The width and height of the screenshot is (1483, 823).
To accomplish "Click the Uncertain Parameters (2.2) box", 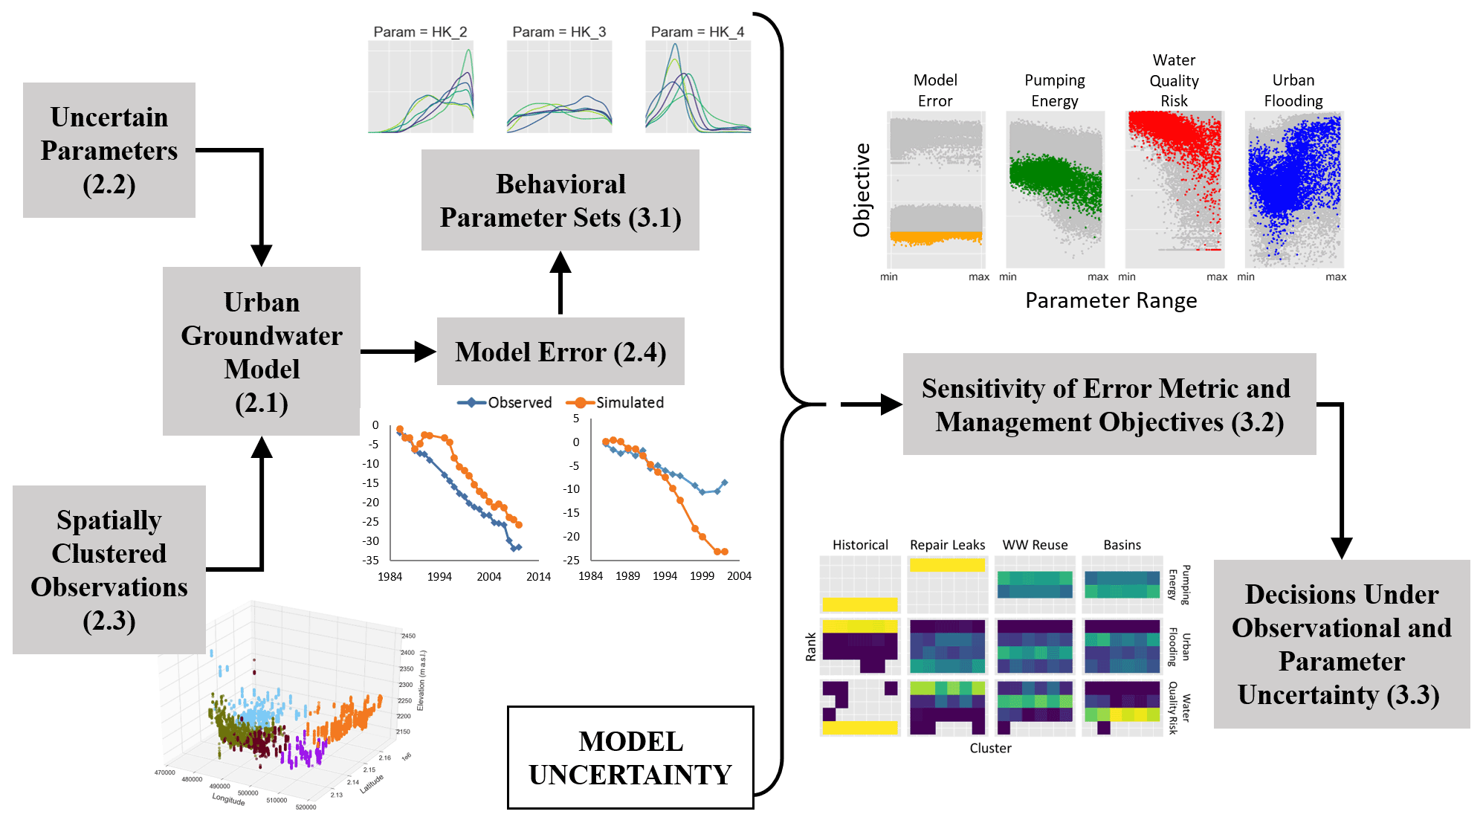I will coord(109,150).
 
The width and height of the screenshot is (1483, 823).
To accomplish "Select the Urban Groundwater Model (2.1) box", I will coord(262,352).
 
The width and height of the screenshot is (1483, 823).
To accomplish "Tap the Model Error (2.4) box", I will coord(560,352).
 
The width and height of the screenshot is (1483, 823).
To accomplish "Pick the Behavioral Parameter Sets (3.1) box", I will coord(560,200).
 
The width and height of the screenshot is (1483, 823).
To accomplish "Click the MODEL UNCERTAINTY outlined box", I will coord(630,758).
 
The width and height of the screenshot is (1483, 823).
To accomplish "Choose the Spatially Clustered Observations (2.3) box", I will coord(109,570).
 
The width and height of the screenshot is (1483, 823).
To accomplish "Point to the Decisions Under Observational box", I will coord(1342,644).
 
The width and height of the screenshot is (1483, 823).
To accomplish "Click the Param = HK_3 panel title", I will coord(559,32).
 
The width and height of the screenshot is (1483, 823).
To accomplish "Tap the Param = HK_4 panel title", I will coord(697,32).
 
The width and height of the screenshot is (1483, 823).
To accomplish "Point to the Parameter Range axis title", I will coord(1111,300).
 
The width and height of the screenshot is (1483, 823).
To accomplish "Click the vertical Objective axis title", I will coord(862,190).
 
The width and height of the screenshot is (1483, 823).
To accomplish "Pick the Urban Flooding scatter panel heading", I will coord(1293,90).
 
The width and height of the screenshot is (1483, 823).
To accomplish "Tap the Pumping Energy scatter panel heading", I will coord(1054,90).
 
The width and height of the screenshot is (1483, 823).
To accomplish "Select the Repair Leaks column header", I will coord(947,545).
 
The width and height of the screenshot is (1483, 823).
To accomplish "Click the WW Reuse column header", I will coord(1035,545).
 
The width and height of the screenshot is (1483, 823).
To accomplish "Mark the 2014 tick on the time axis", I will coord(538,576).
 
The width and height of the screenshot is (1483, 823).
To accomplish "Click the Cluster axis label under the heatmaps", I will coord(990,748).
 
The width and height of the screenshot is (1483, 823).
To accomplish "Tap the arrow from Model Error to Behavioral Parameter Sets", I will coord(560,283).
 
